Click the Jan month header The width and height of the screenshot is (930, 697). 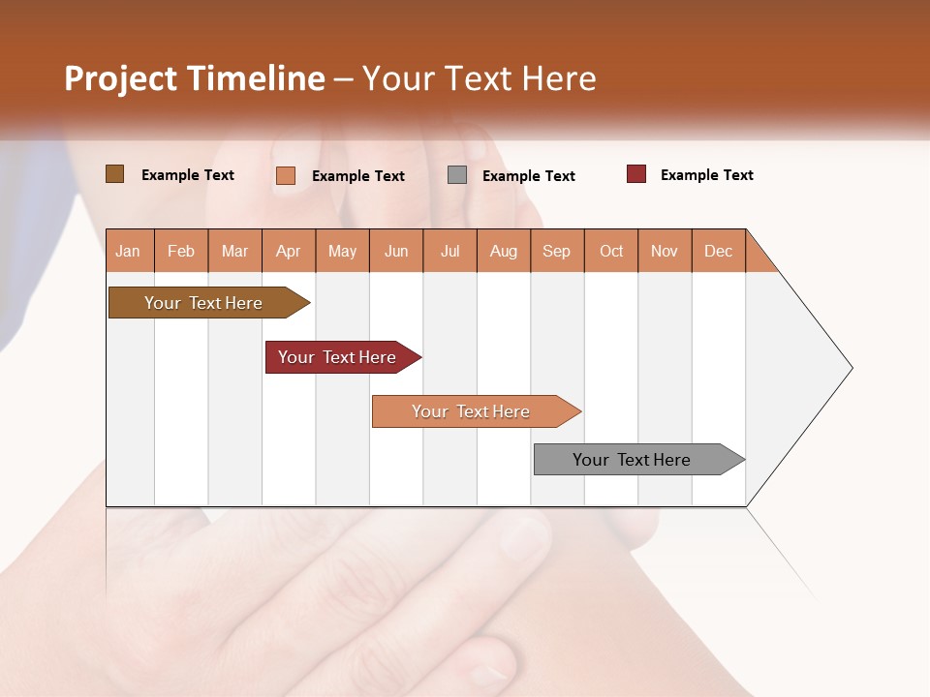click(x=129, y=251)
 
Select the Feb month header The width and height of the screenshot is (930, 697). click(x=181, y=251)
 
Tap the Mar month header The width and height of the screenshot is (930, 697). click(x=234, y=251)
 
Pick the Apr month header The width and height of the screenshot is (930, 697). click(x=289, y=251)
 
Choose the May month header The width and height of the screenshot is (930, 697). click(x=342, y=251)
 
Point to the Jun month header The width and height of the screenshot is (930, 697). click(x=396, y=251)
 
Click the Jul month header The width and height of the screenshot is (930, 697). click(x=449, y=251)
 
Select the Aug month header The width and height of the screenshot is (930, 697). click(x=504, y=251)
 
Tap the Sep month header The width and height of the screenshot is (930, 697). click(x=557, y=251)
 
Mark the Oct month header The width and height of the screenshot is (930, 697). click(x=611, y=251)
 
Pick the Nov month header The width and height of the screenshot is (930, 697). click(x=665, y=251)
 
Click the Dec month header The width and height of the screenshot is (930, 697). click(x=718, y=251)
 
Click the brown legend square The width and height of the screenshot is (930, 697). click(x=114, y=174)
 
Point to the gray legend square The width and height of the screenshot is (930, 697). click(x=457, y=175)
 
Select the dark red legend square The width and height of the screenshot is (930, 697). click(x=635, y=174)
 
